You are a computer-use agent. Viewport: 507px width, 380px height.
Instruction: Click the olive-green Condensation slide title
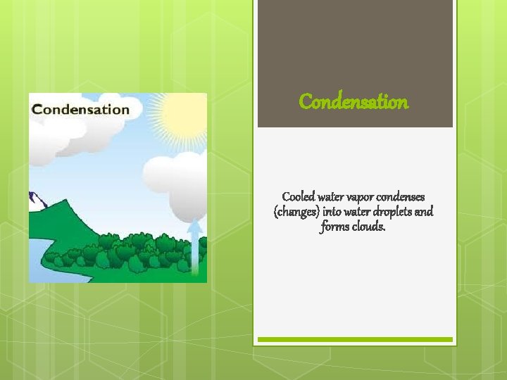click(353, 102)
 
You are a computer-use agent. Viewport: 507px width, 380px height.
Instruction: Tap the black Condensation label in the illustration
click(81, 109)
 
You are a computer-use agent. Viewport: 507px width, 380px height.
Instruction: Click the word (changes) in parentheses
click(297, 212)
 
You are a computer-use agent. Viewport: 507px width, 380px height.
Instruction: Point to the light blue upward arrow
click(195, 250)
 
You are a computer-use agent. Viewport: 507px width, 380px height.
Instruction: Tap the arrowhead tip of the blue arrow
click(195, 220)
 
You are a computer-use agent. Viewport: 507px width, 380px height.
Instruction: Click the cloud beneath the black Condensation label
click(53, 141)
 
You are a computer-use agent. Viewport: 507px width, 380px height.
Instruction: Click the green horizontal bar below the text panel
click(354, 339)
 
